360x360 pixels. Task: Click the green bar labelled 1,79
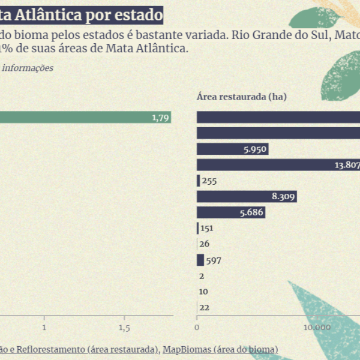[84, 118]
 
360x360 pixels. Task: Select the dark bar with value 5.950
[232, 149]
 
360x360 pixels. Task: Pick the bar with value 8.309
[247, 196]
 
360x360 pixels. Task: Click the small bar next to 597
[200, 260]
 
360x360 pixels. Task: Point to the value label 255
[209, 181]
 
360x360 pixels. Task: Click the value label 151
[207, 228]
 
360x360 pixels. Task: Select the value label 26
[204, 244]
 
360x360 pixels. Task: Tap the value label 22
[204, 307]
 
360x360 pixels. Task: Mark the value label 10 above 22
[204, 292]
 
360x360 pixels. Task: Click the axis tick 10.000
[317, 328]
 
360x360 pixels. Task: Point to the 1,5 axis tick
[124, 328]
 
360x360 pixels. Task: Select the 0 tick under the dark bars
[197, 328]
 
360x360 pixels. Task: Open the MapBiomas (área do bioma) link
[220, 349]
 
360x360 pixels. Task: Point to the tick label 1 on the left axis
[44, 328]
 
